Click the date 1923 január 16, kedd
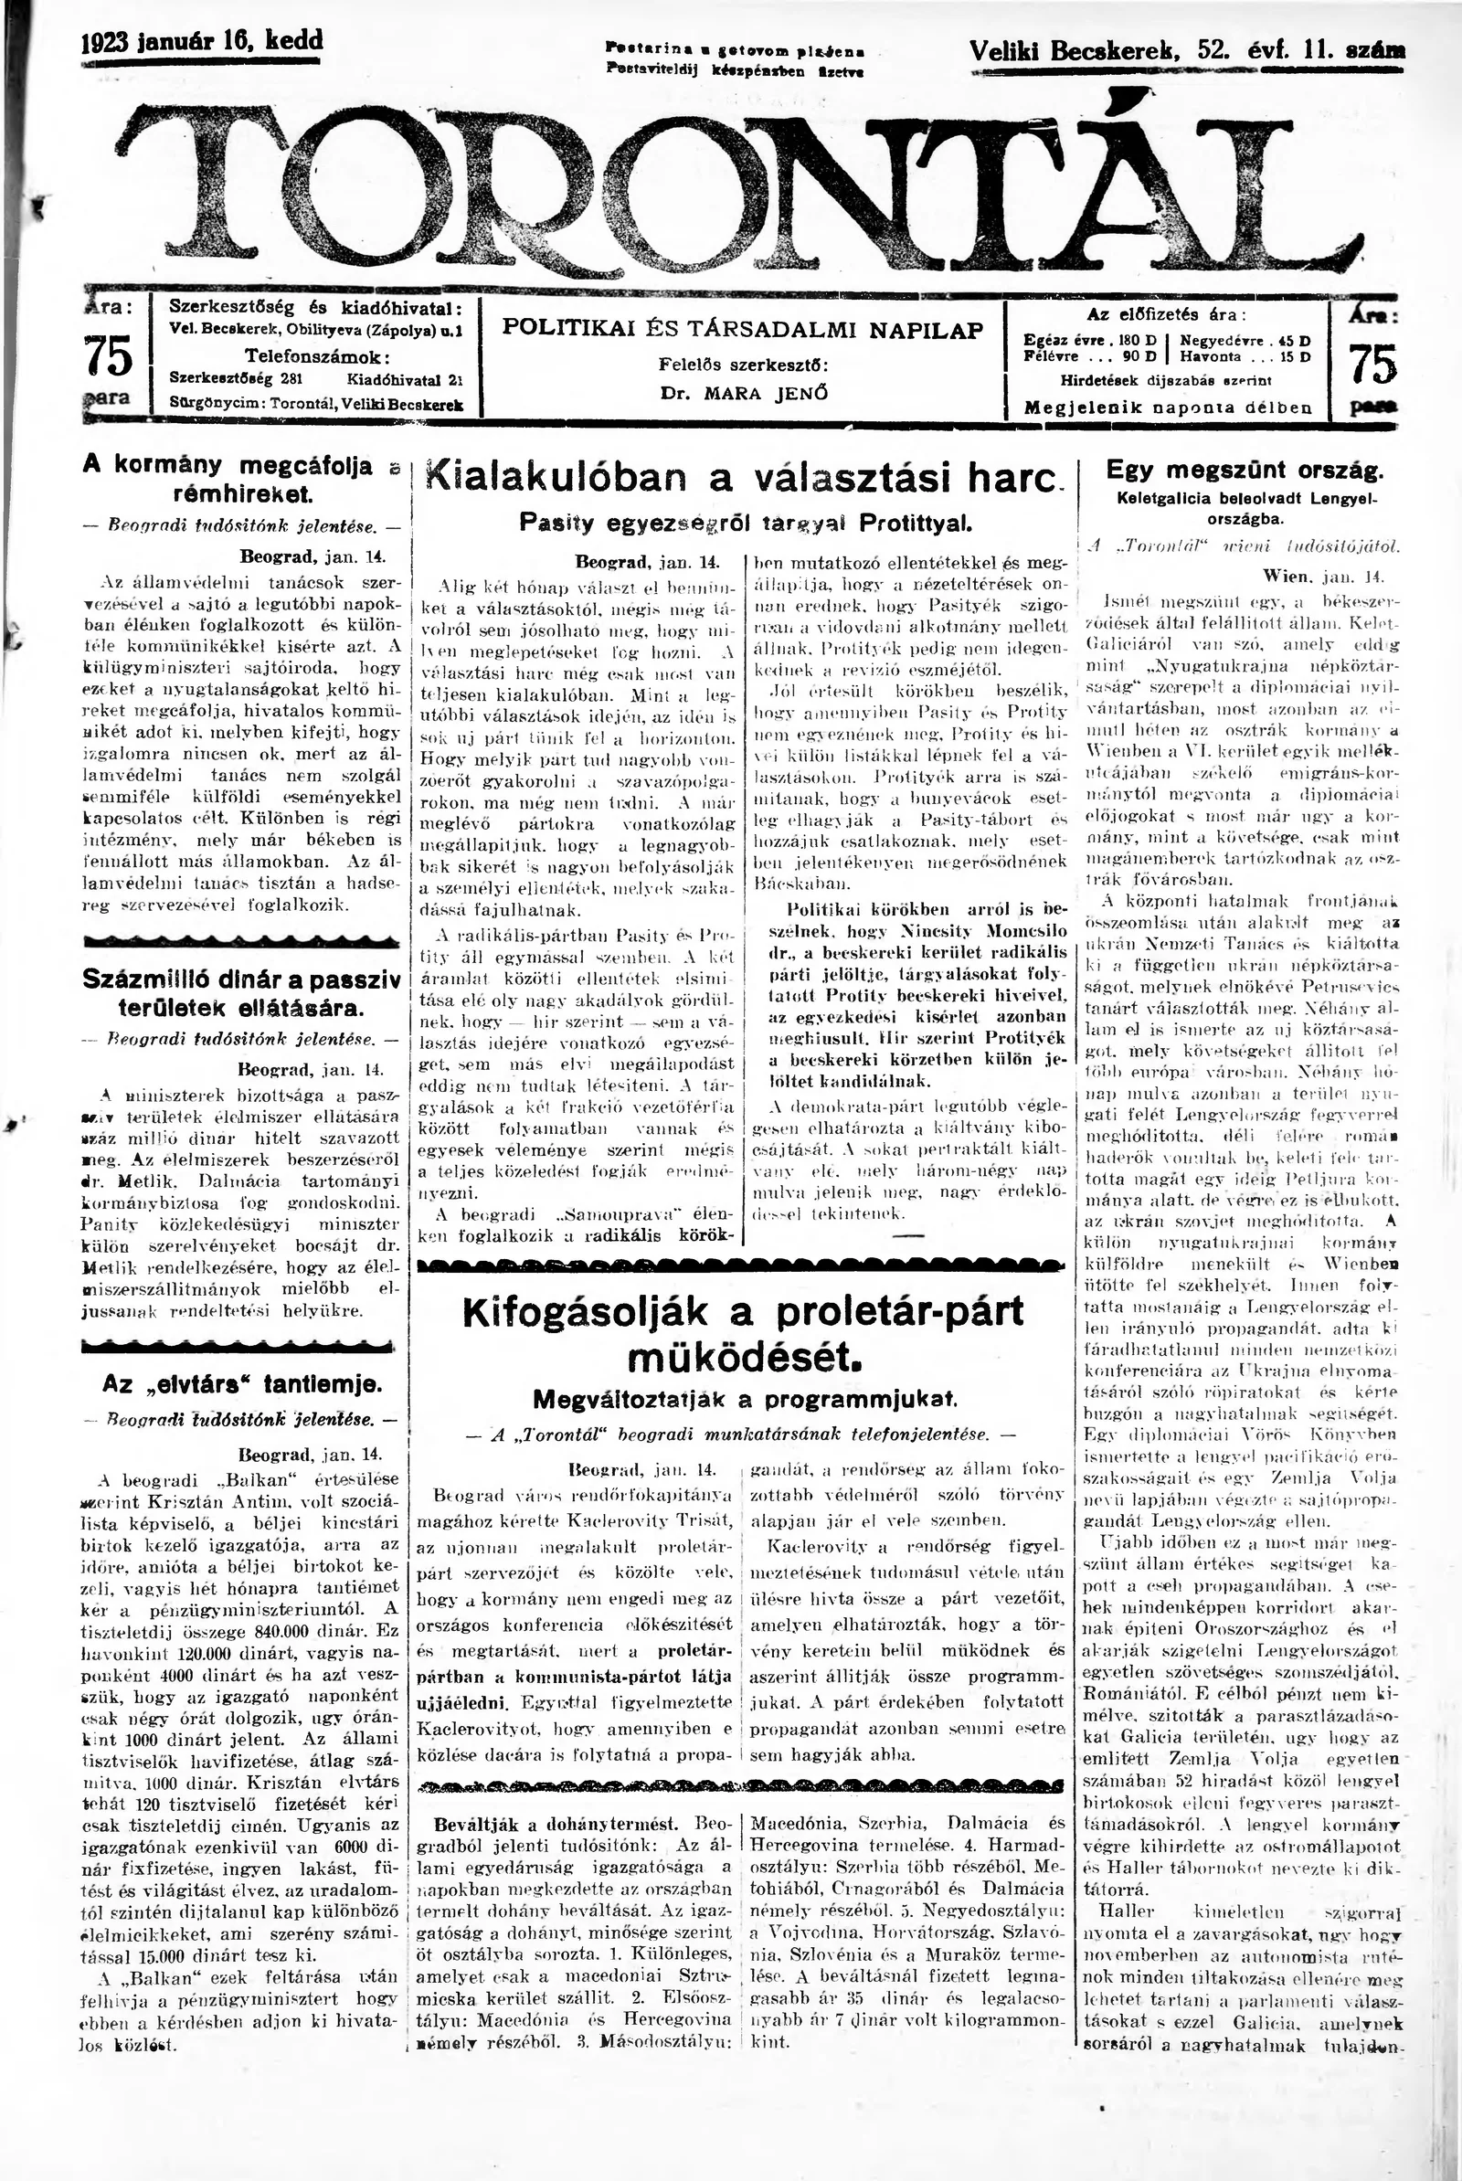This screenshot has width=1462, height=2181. [x=202, y=41]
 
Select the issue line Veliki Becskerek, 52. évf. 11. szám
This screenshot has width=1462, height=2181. [x=1187, y=51]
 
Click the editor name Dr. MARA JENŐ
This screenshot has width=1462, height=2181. [x=743, y=393]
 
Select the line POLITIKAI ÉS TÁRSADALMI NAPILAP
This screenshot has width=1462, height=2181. [x=743, y=329]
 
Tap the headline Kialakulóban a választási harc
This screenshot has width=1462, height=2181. [x=743, y=477]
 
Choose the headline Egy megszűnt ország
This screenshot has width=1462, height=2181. [x=1245, y=470]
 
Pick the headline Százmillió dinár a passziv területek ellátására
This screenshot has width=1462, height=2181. [x=240, y=992]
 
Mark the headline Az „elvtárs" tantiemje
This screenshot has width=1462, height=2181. [x=240, y=1384]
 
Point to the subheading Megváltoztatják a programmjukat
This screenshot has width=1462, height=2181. [x=743, y=1399]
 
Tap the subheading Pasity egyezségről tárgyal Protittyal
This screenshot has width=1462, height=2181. [x=743, y=523]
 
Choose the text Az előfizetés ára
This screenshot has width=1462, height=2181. [x=1167, y=314]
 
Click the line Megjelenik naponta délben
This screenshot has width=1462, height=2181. [x=1168, y=408]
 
